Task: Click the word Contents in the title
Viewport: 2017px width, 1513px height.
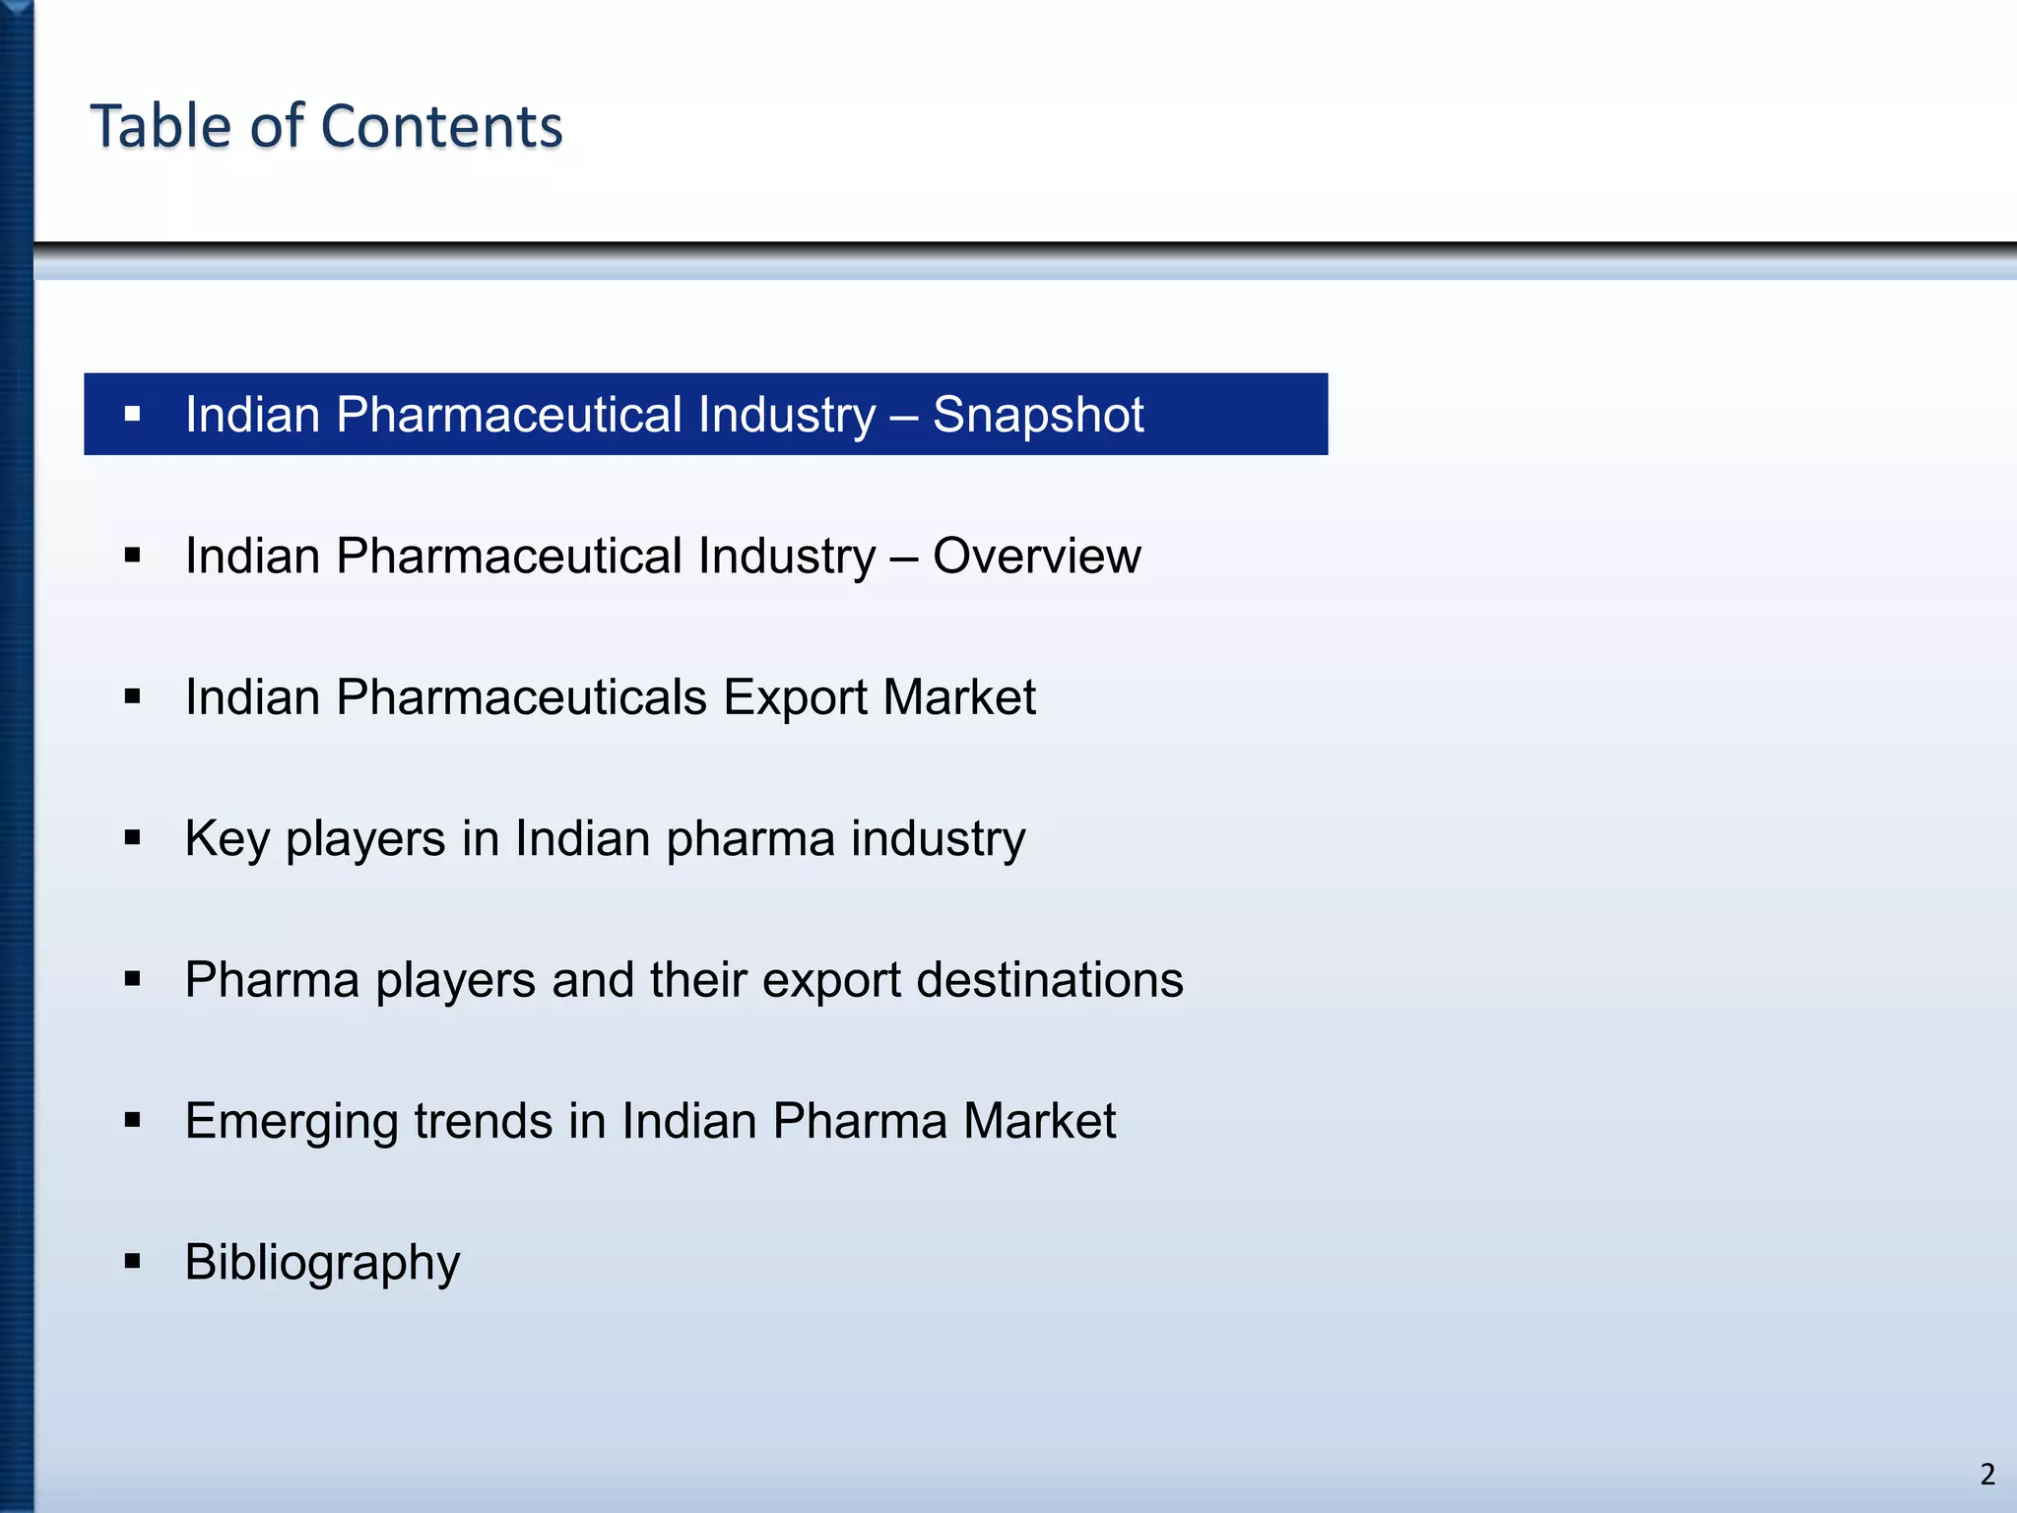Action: point(441,126)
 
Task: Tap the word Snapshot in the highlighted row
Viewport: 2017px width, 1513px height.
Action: point(1037,415)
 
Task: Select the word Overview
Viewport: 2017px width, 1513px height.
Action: point(1036,557)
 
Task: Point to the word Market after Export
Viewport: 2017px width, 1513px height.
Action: point(958,697)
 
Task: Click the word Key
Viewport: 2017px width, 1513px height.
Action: point(227,839)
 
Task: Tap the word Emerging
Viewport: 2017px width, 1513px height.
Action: point(291,1122)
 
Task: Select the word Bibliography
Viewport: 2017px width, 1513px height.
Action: point(322,1263)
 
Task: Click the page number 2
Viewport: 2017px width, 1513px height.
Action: point(1987,1475)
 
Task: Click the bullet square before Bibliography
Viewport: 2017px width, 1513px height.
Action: point(133,1261)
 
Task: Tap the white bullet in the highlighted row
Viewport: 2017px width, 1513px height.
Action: point(133,414)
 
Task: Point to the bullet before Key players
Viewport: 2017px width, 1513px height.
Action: point(133,838)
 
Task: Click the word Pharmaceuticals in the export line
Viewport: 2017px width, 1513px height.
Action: point(521,697)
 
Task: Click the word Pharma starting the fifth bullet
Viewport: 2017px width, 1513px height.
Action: point(272,980)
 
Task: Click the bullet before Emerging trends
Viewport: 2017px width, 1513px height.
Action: point(133,1120)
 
